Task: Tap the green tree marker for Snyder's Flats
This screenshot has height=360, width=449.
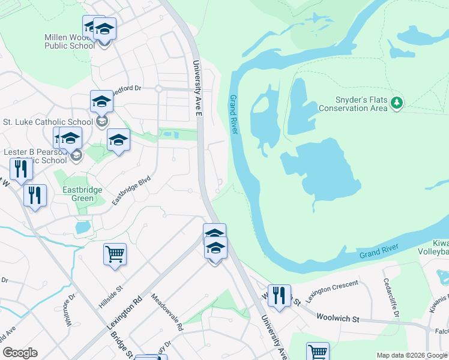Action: [x=396, y=103]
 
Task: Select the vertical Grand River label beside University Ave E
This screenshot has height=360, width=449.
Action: [x=234, y=114]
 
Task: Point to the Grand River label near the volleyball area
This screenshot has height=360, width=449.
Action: [x=379, y=254]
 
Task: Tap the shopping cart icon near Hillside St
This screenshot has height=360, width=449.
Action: [x=115, y=253]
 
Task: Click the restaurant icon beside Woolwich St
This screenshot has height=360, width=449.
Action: [x=279, y=295]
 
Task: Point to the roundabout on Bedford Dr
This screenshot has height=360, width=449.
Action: [x=159, y=89]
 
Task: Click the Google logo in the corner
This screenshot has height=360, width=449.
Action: [x=20, y=353]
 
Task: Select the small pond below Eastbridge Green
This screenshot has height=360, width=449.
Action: [x=83, y=227]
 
